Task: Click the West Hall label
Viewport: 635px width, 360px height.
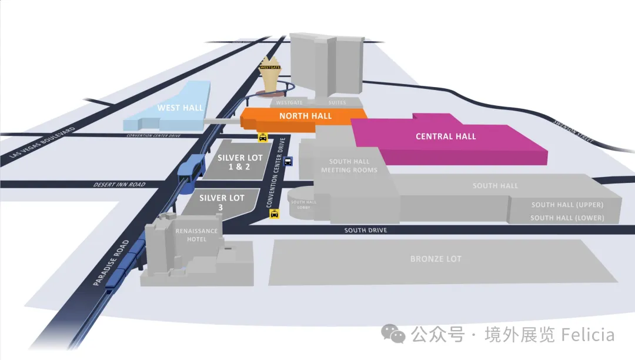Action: [180, 108]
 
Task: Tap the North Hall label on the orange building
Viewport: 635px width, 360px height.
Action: [305, 116]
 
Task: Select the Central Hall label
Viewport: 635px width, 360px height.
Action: [446, 136]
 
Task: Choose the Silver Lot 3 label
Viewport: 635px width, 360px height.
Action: [221, 202]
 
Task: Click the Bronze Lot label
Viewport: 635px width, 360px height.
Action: [436, 259]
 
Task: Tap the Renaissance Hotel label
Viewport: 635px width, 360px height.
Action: [196, 235]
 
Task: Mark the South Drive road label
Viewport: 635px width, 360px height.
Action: [366, 231]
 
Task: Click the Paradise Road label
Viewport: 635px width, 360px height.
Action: [111, 263]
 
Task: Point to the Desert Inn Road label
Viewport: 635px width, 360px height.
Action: [119, 185]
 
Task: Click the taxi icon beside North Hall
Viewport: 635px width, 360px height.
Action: [263, 138]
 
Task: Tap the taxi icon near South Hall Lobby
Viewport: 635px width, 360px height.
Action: [274, 214]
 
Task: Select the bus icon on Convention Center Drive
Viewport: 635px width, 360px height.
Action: [288, 162]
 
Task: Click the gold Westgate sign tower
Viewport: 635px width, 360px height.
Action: [270, 75]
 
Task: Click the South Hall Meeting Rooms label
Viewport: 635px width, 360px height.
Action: [349, 166]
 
